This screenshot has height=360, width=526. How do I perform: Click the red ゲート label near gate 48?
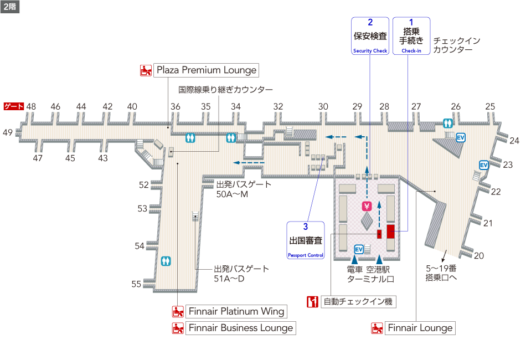[x=13, y=106]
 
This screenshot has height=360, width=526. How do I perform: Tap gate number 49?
[x=8, y=132]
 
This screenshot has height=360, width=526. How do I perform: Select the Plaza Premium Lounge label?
[x=207, y=70]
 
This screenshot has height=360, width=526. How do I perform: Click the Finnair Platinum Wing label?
[x=236, y=311]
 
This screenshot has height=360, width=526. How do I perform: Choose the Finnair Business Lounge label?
[x=240, y=328]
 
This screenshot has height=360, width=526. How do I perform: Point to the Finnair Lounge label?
[x=420, y=328]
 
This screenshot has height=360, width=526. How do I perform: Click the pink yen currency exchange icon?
[x=366, y=206]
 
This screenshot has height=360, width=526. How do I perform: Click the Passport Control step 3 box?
[x=305, y=240]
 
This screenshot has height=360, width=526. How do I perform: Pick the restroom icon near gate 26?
[x=448, y=124]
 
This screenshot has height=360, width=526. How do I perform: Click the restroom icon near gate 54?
[x=166, y=261]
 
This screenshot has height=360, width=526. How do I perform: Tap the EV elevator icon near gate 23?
[x=483, y=165]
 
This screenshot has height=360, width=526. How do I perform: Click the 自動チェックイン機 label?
[x=357, y=302]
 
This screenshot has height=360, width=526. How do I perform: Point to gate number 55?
[x=136, y=284]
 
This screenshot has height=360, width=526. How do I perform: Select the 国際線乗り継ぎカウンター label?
[x=225, y=89]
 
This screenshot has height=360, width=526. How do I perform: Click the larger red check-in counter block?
[x=390, y=231]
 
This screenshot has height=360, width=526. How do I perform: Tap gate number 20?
[x=479, y=255]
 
